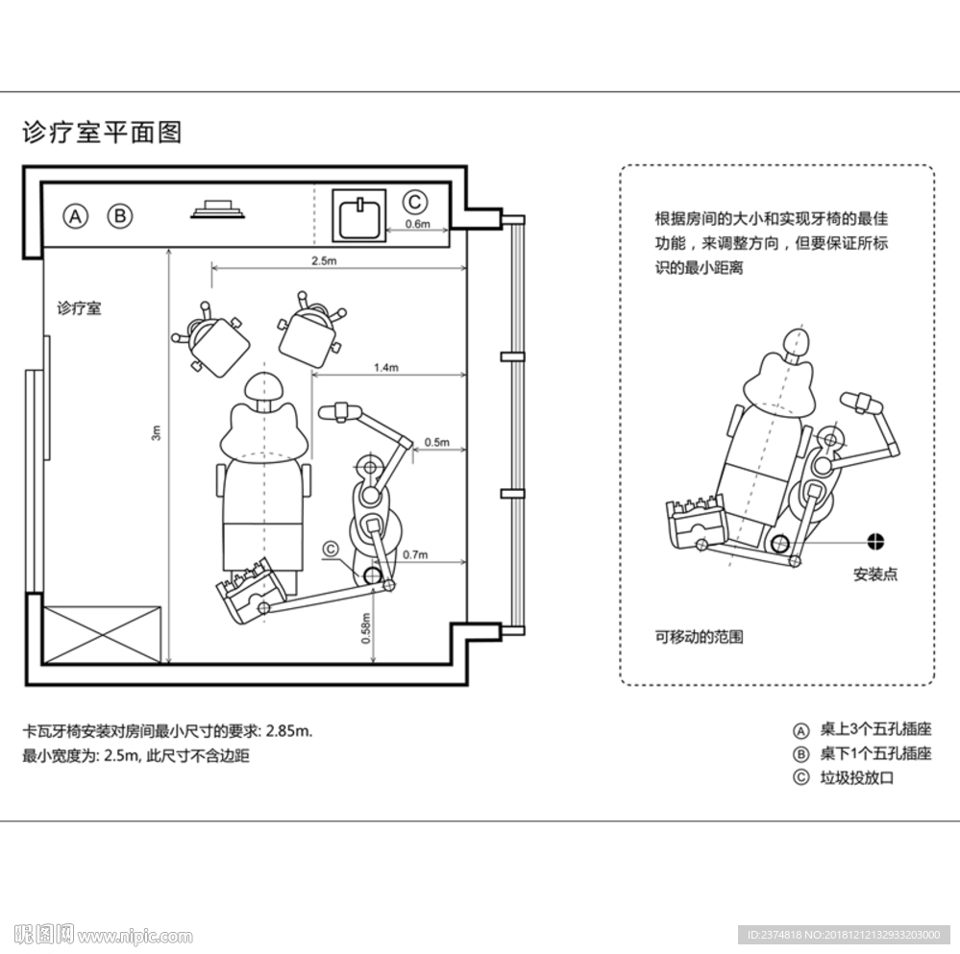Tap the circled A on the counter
(x=76, y=216)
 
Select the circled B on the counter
(x=119, y=216)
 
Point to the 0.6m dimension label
(x=417, y=225)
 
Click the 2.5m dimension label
(x=323, y=260)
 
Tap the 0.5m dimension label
(x=436, y=442)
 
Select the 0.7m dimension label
(x=415, y=554)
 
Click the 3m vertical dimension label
(x=157, y=433)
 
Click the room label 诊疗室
(x=79, y=309)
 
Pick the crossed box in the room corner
(x=103, y=633)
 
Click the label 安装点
(x=875, y=575)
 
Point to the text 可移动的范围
(x=699, y=636)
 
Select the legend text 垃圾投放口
(x=856, y=778)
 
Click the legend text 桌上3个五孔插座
(x=875, y=729)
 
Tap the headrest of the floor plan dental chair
(x=264, y=387)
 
